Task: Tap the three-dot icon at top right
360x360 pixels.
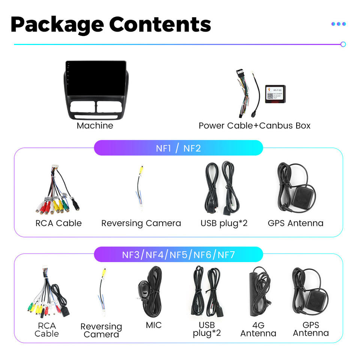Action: (x=338, y=24)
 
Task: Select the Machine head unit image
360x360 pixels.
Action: (x=96, y=90)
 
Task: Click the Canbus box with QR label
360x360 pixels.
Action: (x=275, y=94)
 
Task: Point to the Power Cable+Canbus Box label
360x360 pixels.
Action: (x=255, y=126)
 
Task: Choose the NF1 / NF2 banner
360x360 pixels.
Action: (x=178, y=148)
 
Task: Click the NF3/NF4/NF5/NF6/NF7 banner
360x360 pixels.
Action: (x=178, y=255)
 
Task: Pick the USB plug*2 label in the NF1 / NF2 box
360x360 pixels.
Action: (x=224, y=223)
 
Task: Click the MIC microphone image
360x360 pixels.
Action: (x=150, y=291)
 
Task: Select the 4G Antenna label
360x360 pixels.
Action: (x=258, y=329)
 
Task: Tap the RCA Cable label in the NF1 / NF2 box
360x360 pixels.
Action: (x=58, y=223)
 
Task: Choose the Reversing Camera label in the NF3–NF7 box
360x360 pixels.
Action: (x=101, y=330)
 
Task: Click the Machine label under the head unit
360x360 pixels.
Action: (x=95, y=126)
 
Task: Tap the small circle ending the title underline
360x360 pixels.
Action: (x=343, y=44)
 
